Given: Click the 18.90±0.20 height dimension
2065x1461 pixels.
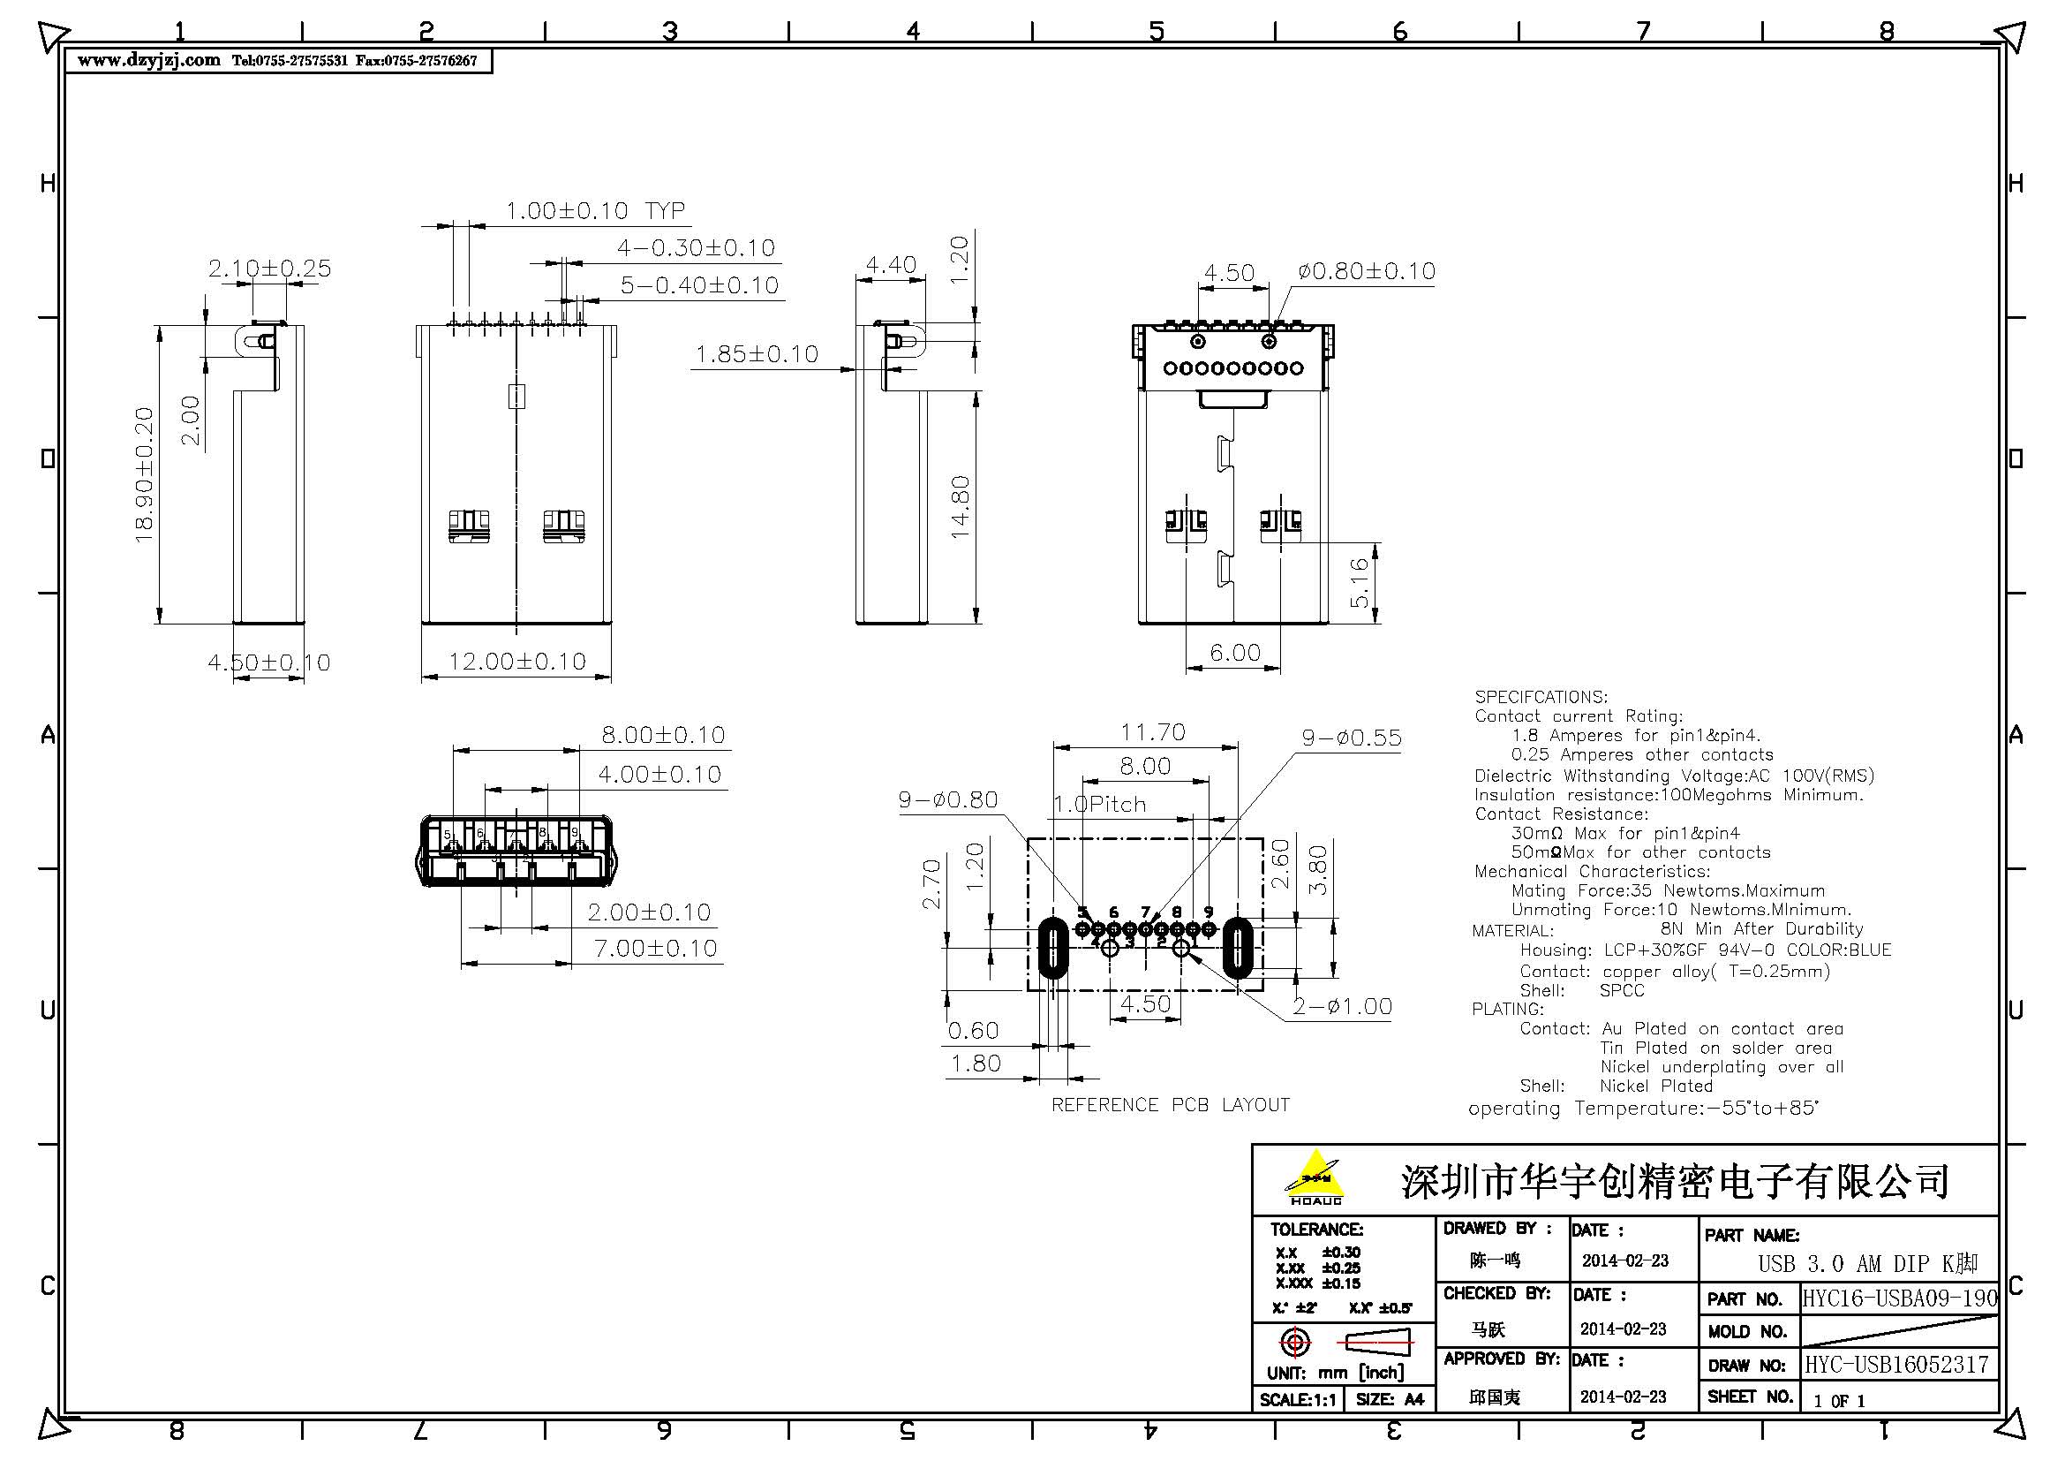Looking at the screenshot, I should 144,474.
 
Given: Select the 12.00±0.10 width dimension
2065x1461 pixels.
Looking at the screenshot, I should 517,662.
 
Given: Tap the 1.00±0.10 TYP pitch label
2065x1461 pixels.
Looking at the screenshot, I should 594,211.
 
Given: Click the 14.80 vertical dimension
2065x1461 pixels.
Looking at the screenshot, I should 960,506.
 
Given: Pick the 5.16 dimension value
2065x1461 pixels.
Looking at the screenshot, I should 1359,582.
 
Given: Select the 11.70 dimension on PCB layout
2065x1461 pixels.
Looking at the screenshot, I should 1152,732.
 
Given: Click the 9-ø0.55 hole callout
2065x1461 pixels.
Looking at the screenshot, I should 1351,738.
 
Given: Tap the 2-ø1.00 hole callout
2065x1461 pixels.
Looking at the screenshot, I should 1342,1006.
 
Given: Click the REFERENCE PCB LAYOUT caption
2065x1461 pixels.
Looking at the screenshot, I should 1170,1105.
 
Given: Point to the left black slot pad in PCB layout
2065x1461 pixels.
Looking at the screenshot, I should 1052,947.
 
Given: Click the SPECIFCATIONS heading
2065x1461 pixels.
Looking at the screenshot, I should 1540,697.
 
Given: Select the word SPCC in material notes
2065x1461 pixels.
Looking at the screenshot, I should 1621,990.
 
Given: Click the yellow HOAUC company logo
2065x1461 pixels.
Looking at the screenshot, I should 1315,1177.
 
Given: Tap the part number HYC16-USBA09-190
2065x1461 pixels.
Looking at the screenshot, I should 1900,1298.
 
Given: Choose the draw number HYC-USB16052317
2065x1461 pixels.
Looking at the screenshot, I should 1895,1365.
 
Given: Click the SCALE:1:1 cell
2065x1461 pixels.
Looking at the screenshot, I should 1297,1400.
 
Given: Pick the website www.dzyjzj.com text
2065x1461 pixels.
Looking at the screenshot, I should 148,60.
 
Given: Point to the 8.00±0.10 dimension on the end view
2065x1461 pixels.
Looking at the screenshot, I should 663,736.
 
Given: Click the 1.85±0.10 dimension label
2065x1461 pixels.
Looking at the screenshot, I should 757,354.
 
